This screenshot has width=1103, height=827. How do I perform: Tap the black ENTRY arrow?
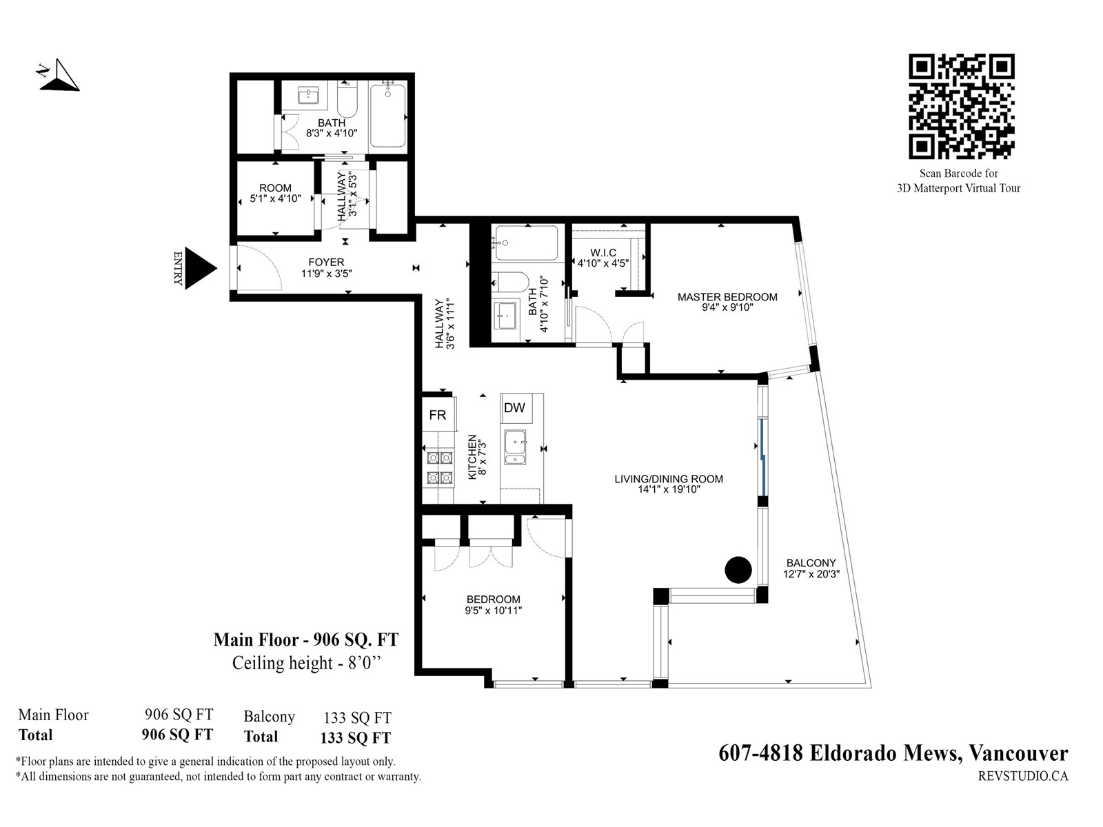pos(200,268)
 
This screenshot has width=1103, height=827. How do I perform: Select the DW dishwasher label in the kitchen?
pos(514,408)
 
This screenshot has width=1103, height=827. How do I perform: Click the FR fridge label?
pos(437,415)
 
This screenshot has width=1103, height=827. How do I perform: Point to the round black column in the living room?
pos(738,570)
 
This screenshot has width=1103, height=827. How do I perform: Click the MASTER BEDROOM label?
pos(727,297)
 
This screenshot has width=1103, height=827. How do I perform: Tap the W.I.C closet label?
pos(603,252)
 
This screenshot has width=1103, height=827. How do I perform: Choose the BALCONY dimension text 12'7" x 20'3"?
pos(811,574)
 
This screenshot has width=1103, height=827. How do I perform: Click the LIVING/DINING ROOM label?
pos(668,479)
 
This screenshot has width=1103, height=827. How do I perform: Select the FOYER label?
pos(326,262)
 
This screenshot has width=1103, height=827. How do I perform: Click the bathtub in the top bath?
pos(387,116)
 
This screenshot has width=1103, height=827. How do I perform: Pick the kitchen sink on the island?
pos(515,447)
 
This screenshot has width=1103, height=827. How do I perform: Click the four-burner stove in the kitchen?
pos(439,467)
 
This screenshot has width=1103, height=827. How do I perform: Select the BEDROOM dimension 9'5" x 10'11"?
pos(494,611)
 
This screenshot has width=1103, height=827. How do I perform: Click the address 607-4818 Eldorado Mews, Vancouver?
pos(893,753)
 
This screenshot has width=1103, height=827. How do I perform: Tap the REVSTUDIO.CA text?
pos(1023,776)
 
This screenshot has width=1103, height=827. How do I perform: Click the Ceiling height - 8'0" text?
pos(306,663)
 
